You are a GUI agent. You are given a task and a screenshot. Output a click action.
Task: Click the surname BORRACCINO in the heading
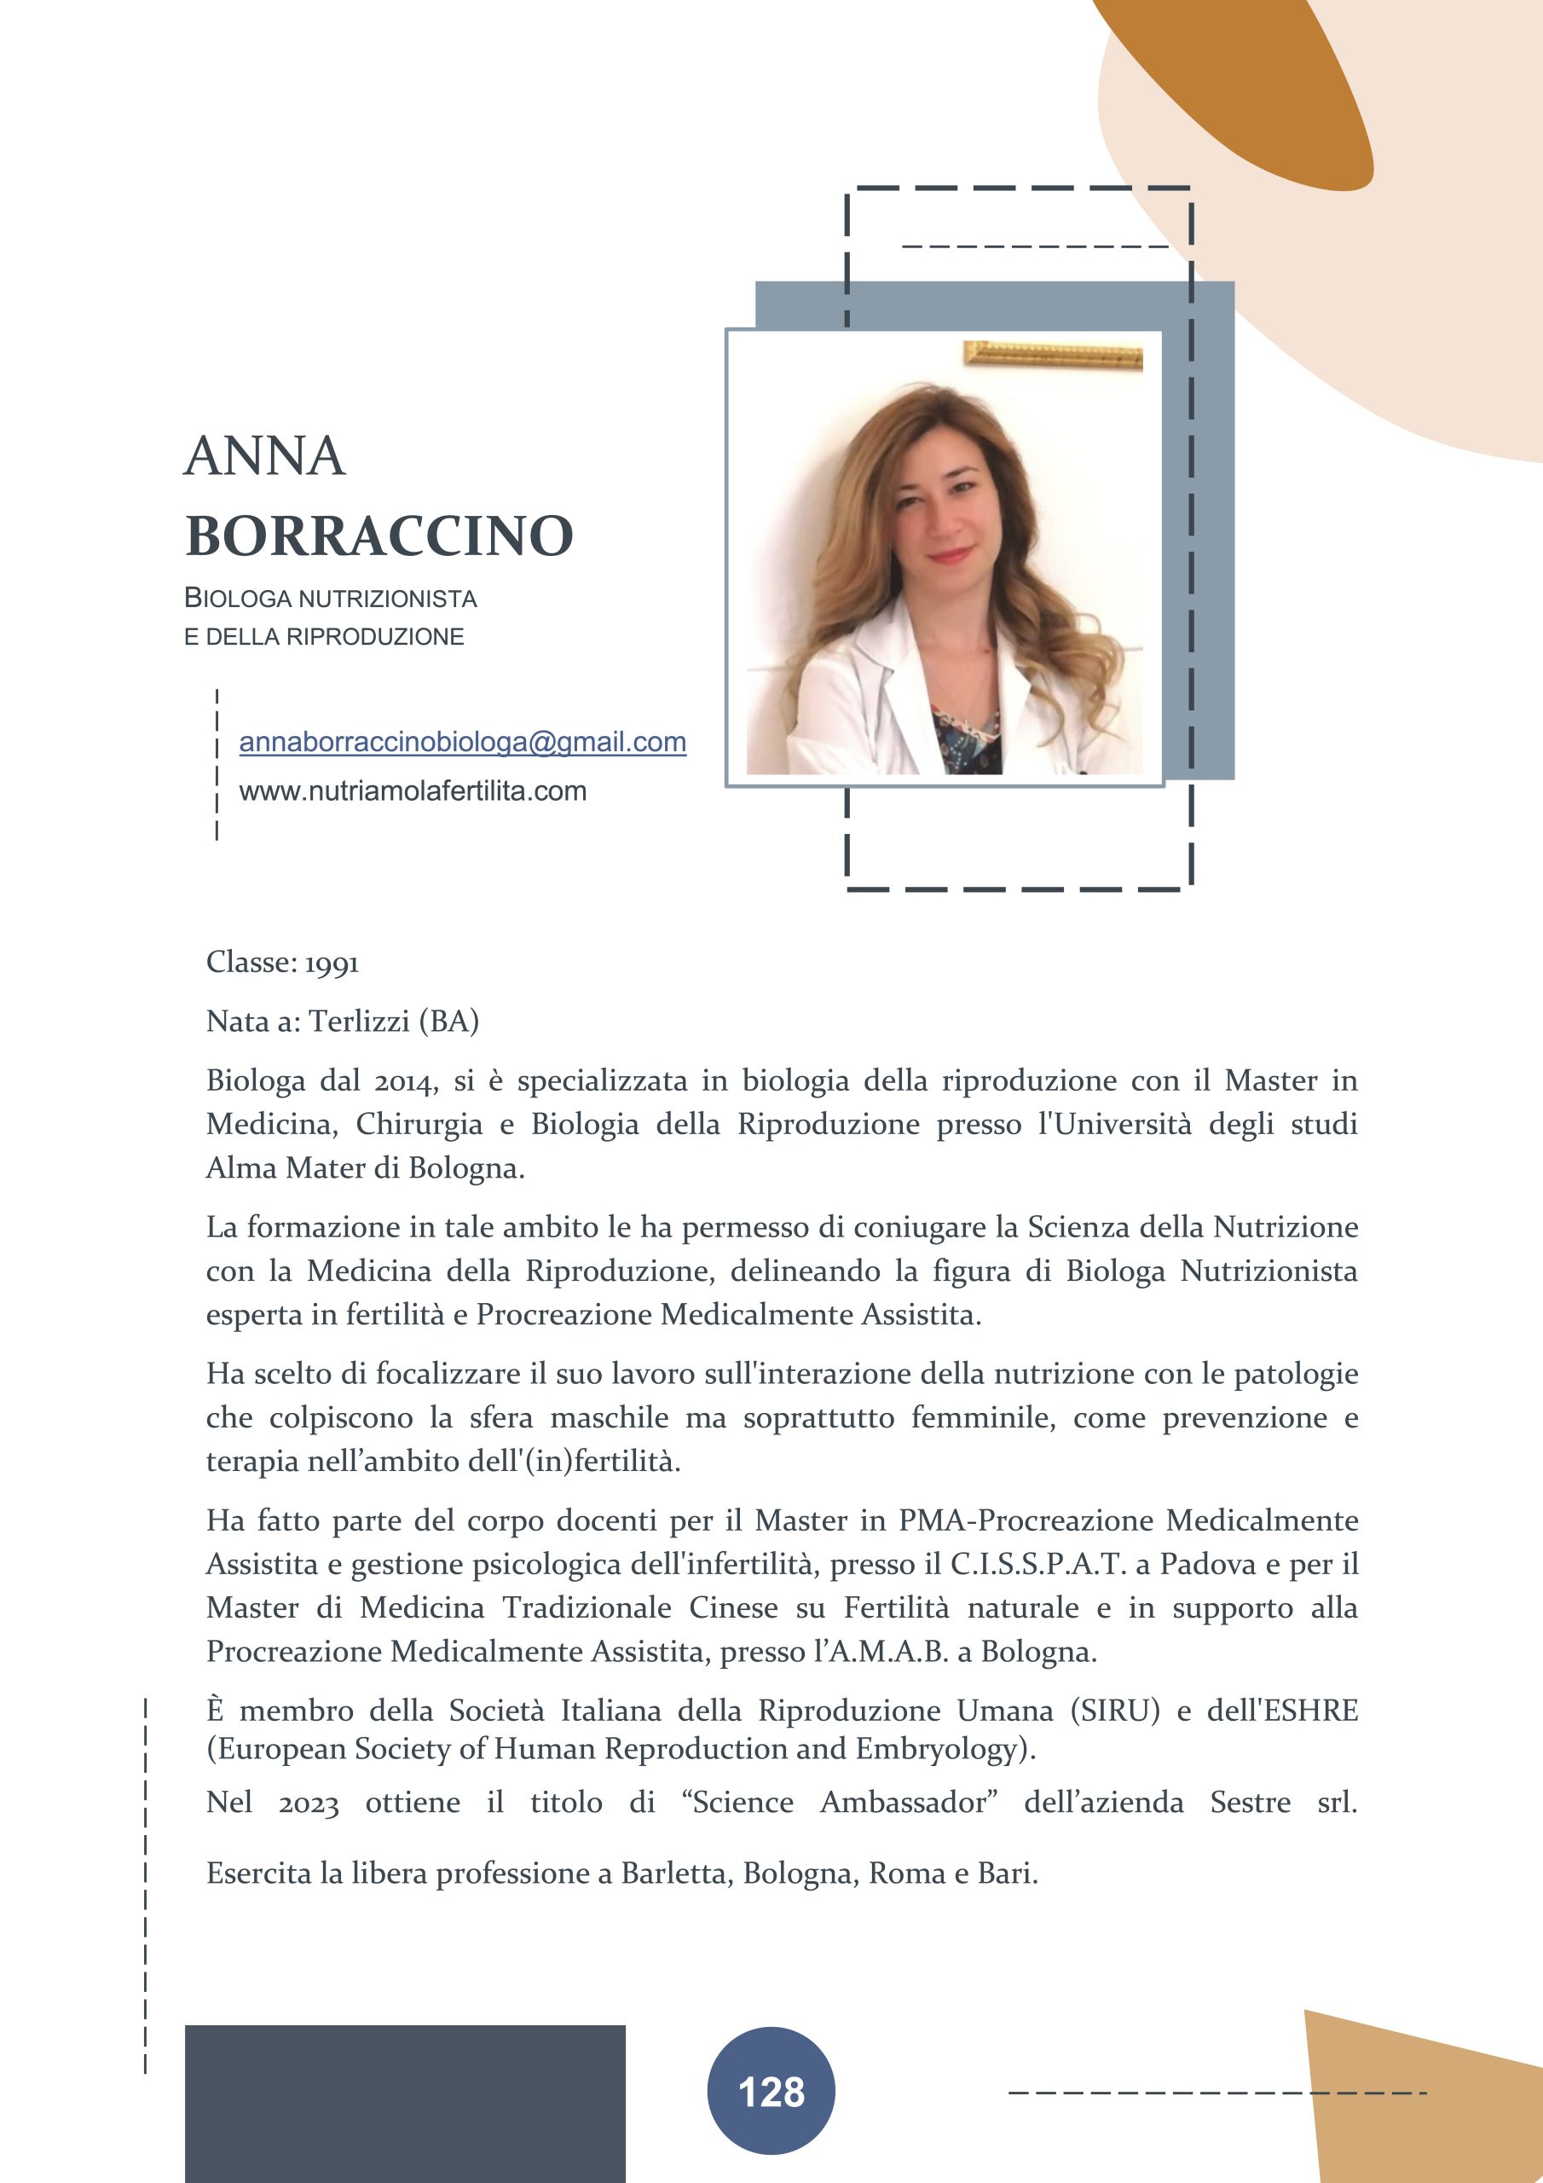point(379,536)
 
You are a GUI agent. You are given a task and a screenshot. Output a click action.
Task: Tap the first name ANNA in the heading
point(264,456)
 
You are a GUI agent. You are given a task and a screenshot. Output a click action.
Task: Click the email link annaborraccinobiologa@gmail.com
point(462,742)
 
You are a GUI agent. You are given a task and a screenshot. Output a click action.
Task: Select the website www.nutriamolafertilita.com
point(413,791)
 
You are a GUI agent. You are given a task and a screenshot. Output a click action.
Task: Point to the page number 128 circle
point(771,2091)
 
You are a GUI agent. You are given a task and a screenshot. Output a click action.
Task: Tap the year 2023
point(308,1803)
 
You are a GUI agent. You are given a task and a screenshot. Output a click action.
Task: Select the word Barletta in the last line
point(676,1873)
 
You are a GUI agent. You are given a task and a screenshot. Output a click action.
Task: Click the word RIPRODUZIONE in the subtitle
point(376,637)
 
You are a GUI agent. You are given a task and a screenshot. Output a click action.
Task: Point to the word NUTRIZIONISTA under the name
point(387,599)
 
